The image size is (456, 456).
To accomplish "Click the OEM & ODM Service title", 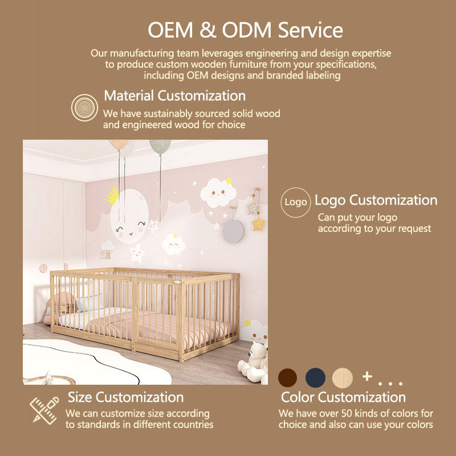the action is point(245,30).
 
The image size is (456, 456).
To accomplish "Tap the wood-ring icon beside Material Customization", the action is point(84,108).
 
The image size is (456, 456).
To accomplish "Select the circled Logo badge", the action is point(295,202).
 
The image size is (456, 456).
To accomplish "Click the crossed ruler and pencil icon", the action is point(44,410).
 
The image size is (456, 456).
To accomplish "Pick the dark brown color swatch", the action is point(287,377).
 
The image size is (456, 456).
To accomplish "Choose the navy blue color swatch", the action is point(315,377).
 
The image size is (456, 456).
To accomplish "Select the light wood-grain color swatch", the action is point(343,377).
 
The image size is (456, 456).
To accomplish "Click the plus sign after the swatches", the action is point(367,376).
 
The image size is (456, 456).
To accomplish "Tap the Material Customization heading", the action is point(175,96).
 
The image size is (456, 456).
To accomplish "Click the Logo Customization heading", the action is point(376,201).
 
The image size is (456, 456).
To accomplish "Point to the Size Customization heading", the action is point(125,397).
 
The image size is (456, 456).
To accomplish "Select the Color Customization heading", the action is point(343,397).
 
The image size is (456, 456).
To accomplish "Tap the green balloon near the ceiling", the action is point(160,146).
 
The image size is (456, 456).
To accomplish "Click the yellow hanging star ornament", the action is point(258,224).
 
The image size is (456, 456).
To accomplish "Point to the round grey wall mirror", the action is point(233,231).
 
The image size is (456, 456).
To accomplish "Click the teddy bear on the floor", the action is point(254,361).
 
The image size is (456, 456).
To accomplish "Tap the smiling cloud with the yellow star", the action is point(218,193).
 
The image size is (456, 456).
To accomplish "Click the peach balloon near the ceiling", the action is point(119,145).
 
